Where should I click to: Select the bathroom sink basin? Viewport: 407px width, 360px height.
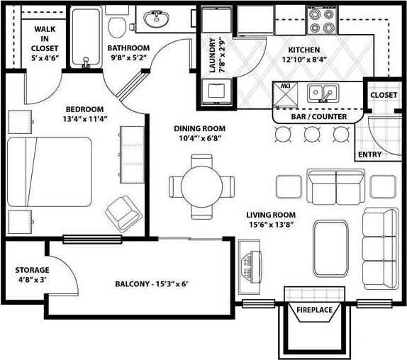tap(153, 19)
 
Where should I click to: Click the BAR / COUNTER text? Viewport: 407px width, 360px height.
tap(319, 116)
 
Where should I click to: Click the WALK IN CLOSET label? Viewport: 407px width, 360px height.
tap(44, 38)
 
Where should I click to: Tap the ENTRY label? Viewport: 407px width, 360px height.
tap(369, 154)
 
